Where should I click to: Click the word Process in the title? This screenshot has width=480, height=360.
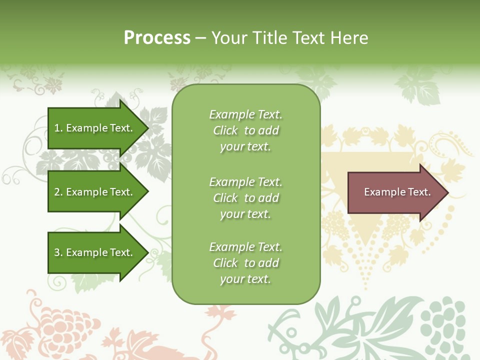(157, 38)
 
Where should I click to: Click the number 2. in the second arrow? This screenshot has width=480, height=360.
(58, 192)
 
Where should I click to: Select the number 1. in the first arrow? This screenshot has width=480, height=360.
(58, 128)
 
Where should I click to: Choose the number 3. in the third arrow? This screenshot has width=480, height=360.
(58, 252)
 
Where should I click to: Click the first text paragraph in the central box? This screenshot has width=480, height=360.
(245, 130)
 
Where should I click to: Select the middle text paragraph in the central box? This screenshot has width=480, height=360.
(245, 198)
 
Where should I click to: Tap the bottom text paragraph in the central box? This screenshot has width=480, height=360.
(245, 263)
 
